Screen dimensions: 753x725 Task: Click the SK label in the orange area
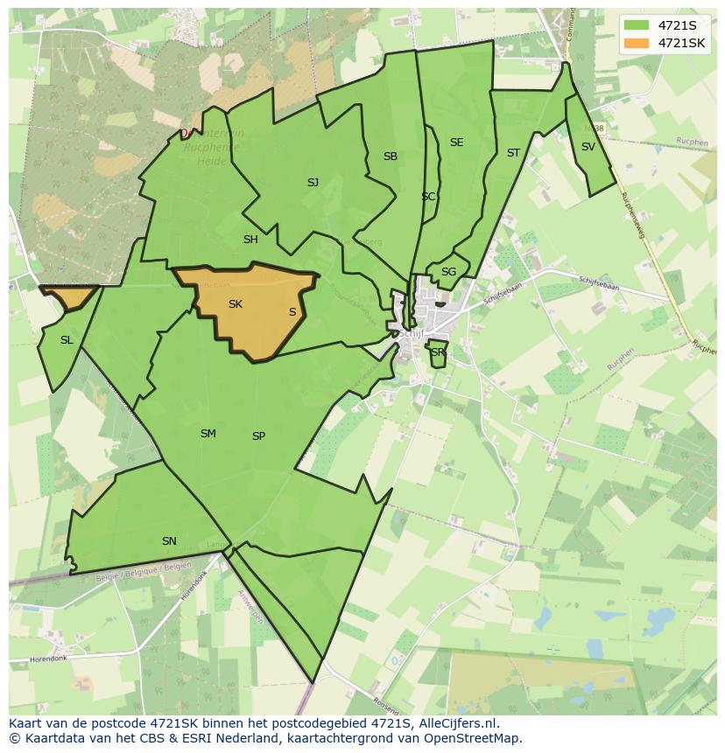235,304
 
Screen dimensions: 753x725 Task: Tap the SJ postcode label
313,183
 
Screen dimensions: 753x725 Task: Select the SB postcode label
391,157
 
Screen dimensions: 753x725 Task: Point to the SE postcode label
456,143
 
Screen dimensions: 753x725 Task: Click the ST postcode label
513,153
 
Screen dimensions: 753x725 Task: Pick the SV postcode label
588,147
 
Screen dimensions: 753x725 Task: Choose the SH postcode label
250,240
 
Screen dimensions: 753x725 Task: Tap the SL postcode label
67,340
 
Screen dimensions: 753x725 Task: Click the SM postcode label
208,434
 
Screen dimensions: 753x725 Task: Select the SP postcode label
258,436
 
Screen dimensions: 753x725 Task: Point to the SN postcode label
169,541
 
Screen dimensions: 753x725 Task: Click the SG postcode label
448,272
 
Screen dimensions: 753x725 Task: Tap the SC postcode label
427,197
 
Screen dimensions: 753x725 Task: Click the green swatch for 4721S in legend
637,25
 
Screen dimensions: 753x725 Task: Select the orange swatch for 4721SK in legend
637,43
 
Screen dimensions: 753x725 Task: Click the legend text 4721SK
682,43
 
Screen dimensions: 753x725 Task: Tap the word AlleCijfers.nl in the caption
458,723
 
